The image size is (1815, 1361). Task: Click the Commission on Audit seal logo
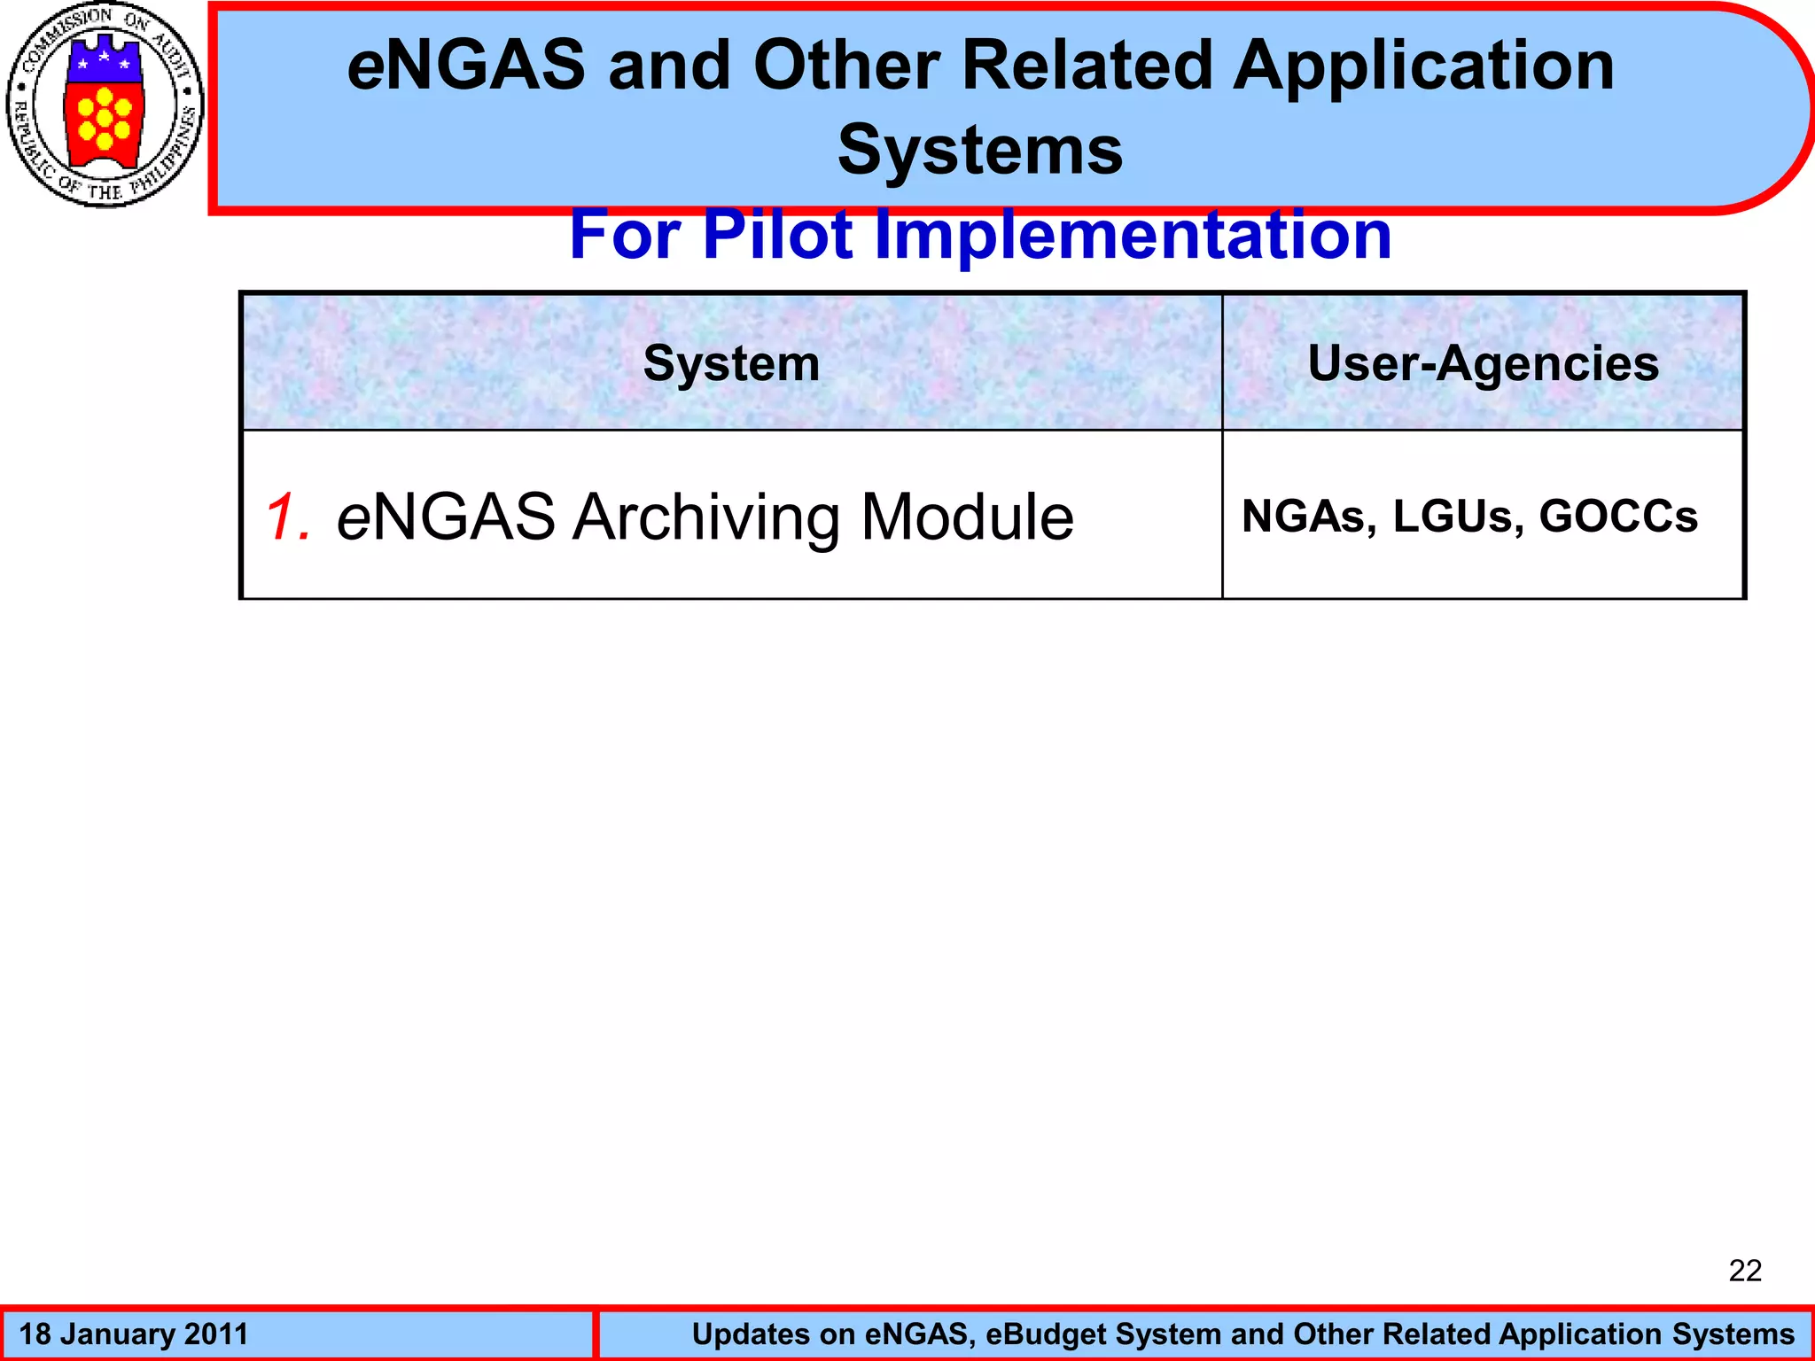pos(105,105)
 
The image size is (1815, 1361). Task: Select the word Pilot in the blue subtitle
pos(776,235)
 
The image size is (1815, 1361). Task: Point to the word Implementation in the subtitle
pos(1133,235)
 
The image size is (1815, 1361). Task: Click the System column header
pos(731,363)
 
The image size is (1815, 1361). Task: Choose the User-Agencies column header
pos(1483,363)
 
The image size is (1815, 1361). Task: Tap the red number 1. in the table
pos(289,517)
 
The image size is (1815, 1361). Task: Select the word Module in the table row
pos(967,517)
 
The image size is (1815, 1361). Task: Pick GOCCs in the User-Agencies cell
pos(1618,517)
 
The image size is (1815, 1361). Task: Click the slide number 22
pos(1744,1271)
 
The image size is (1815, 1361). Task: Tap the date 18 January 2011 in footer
pos(134,1334)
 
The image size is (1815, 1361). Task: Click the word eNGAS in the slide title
pos(466,66)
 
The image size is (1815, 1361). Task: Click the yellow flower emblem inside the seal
pos(105,118)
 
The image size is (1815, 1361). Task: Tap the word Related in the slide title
pos(1087,66)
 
